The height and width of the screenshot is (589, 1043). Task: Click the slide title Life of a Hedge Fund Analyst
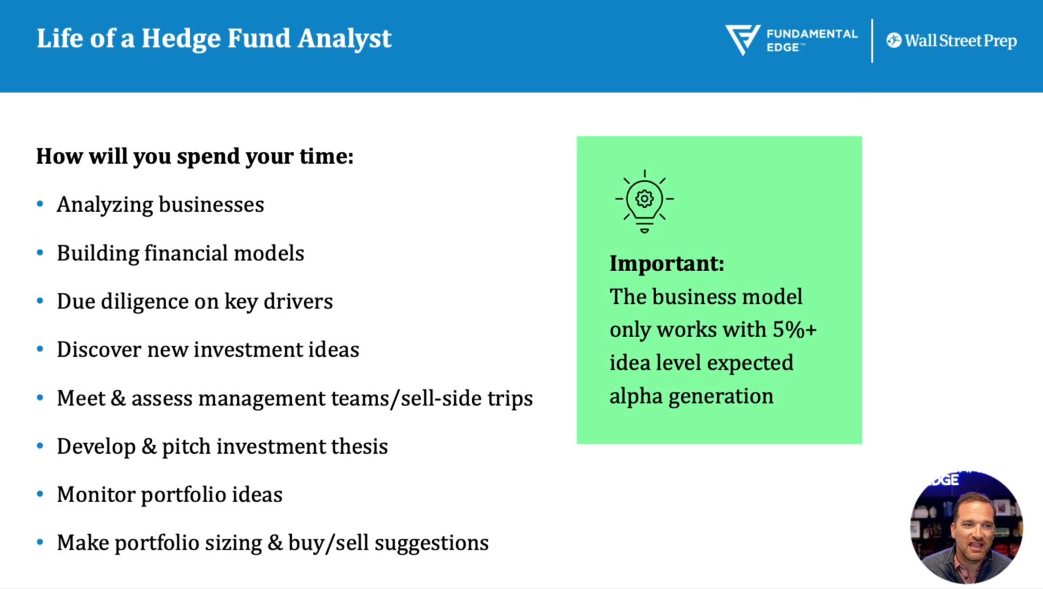click(x=214, y=39)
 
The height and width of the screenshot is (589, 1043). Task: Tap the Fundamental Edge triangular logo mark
click(x=742, y=39)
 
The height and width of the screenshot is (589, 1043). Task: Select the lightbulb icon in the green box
click(x=644, y=200)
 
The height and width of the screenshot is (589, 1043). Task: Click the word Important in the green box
click(x=665, y=264)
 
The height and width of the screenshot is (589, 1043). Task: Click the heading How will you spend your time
click(x=195, y=156)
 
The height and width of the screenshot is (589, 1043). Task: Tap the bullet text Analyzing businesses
click(x=160, y=204)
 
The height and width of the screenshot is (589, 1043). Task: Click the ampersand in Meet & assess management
click(x=118, y=398)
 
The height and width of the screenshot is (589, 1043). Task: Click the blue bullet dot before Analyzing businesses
click(x=40, y=204)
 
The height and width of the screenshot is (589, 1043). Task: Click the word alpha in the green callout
click(x=636, y=396)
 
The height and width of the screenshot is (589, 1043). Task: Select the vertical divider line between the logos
click(x=872, y=41)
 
